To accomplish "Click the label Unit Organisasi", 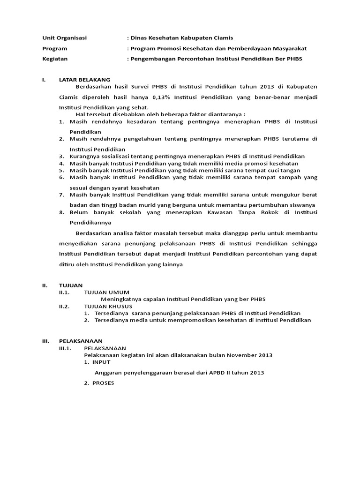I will tap(65, 38).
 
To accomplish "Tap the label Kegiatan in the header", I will tap(55, 59).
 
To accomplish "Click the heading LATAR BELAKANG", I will tap(85, 80).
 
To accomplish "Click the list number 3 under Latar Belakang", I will tap(61, 156).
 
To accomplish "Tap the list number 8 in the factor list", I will tap(61, 212).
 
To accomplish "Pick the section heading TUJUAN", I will tap(71, 285).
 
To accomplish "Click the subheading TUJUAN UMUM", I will tap(106, 292).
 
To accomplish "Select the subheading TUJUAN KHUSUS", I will tap(108, 306).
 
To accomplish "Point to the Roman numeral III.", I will tap(45, 341).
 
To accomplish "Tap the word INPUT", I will tap(101, 362).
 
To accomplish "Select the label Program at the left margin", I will tap(54, 48).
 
